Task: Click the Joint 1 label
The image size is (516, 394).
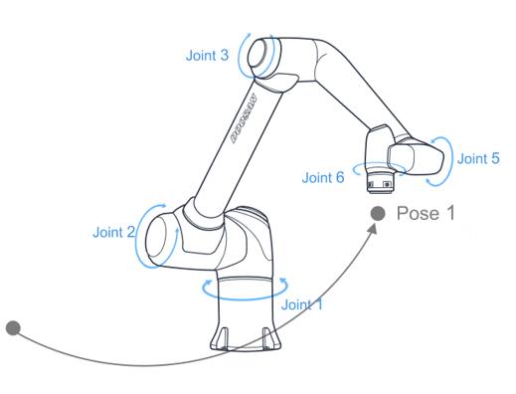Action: pos(301,304)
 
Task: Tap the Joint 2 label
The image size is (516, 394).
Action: pos(113,232)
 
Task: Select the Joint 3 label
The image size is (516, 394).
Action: pos(207,56)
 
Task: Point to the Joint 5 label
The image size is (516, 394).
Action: pos(478,158)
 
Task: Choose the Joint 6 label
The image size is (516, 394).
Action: pos(323,178)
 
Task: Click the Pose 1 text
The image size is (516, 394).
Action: pos(426,213)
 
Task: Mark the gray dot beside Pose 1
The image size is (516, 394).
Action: pos(378,213)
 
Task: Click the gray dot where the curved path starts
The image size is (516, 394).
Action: pos(13,328)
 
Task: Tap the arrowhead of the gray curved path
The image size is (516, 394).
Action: pos(373,229)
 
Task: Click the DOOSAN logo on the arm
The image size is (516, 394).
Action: pos(244,118)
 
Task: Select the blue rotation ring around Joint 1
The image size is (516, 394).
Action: pos(245,291)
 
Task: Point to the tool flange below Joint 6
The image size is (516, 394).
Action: pos(380,183)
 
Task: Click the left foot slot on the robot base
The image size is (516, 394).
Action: pos(225,337)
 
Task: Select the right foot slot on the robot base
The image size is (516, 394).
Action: pos(266,337)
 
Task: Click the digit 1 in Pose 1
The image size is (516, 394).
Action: pos(450,213)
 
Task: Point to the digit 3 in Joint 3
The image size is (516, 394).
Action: pos(225,56)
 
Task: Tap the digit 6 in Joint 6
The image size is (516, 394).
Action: pos(340,178)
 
